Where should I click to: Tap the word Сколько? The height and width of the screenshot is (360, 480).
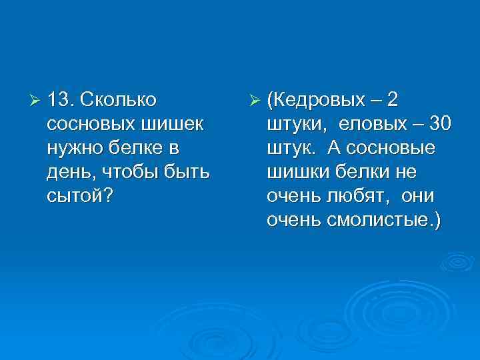[x=118, y=100]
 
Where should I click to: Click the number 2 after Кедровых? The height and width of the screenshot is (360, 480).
[x=393, y=100]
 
